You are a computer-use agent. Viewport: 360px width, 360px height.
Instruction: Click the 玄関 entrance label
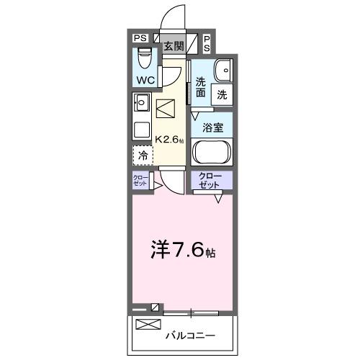[x=173, y=46]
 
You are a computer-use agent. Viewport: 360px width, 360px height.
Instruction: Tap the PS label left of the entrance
[x=140, y=37]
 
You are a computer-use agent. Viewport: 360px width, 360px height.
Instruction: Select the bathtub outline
[x=212, y=154]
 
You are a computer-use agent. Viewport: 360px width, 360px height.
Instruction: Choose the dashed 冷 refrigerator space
[x=143, y=155]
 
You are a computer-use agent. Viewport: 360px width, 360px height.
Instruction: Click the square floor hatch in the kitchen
[x=166, y=109]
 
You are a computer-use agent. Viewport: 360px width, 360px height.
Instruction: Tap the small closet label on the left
[x=140, y=181]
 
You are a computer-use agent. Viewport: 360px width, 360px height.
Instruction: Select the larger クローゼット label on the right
[x=211, y=181]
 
